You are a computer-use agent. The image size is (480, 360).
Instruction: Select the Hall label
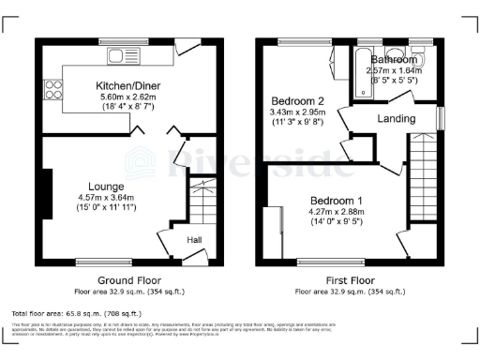[x=194, y=241]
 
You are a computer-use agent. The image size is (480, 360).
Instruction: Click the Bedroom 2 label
[x=297, y=100]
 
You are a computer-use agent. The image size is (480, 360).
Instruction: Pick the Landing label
[x=397, y=119]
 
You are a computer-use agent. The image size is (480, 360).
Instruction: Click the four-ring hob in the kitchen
[x=52, y=92]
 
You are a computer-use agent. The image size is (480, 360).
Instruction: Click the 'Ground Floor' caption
[x=129, y=279]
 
